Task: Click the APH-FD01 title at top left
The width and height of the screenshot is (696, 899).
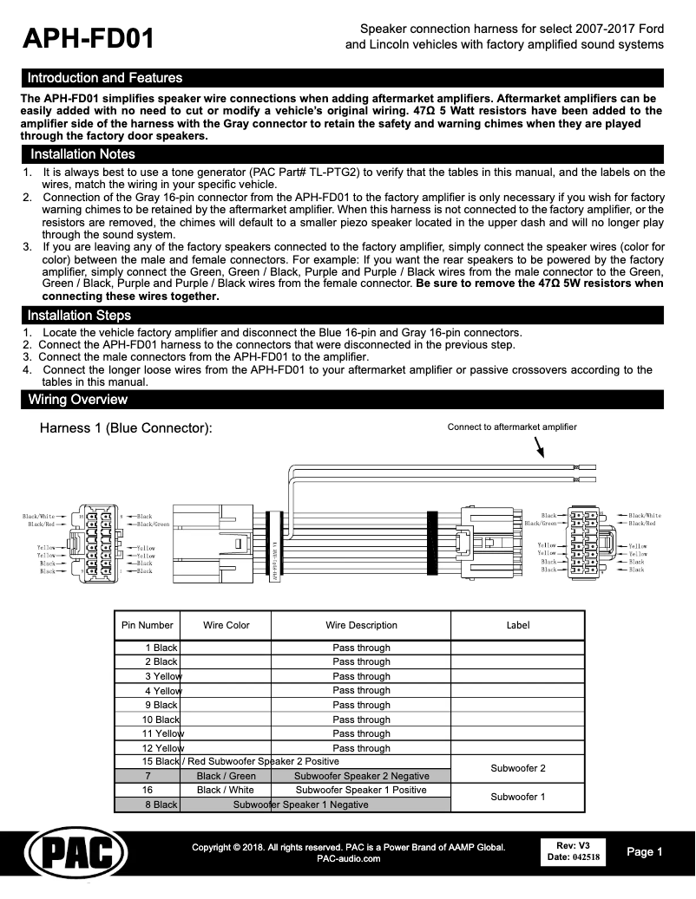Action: pos(89,38)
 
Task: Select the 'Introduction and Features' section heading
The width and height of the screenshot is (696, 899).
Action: pos(105,78)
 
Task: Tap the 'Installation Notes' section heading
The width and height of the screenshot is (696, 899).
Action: pos(82,154)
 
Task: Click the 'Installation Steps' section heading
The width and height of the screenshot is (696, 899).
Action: pos(79,316)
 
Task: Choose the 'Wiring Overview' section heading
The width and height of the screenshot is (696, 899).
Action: pos(77,400)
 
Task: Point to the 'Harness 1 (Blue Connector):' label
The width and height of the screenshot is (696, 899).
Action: pos(126,429)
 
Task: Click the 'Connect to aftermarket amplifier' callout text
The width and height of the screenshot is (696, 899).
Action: pos(511,427)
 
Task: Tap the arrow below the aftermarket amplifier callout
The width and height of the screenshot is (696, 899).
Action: pos(539,446)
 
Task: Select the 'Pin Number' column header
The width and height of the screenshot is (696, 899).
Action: pos(148,625)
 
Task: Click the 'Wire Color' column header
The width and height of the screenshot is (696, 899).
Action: pos(226,625)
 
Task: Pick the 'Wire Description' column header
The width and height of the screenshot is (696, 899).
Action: pos(361,625)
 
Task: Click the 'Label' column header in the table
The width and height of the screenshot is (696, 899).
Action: pos(517,625)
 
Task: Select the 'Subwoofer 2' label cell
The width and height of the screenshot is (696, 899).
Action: pos(517,768)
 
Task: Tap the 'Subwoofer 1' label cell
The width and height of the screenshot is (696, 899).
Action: pos(517,797)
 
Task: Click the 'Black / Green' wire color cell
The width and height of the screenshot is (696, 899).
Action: pos(226,776)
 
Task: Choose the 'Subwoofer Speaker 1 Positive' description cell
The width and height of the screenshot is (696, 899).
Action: pos(361,790)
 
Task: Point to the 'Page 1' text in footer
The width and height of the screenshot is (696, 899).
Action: pos(645,852)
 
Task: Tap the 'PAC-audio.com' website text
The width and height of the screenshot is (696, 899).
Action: pos(348,859)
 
